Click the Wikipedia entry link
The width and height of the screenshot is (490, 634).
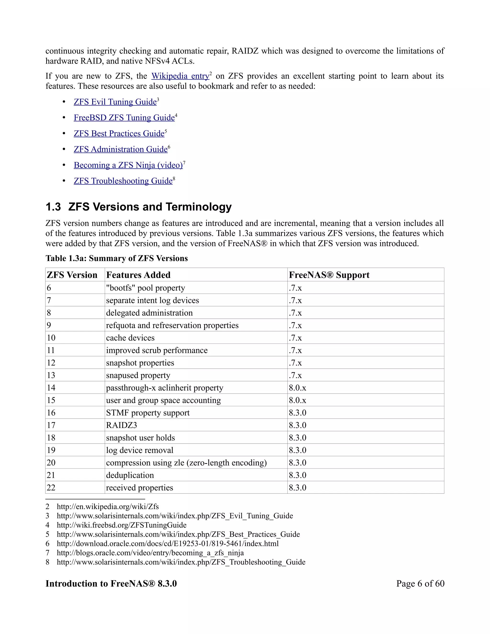[180, 76]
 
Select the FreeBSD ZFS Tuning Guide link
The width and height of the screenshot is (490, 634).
[124, 117]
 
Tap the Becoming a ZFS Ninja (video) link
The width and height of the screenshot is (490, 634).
[128, 165]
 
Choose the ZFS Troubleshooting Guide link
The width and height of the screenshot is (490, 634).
[123, 181]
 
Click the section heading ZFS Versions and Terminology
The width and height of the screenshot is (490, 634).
[150, 207]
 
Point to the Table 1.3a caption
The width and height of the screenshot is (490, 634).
[117, 258]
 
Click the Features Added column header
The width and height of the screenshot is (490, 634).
[138, 275]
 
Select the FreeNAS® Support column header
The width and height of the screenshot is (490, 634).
[329, 275]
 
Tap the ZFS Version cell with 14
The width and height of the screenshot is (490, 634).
[51, 388]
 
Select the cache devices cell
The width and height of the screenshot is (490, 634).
[130, 338]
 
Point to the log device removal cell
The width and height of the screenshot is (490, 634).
[140, 450]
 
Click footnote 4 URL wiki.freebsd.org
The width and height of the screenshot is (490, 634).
[121, 525]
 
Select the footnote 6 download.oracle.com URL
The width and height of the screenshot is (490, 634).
[167, 543]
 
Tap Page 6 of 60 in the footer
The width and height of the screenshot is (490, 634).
[420, 584]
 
